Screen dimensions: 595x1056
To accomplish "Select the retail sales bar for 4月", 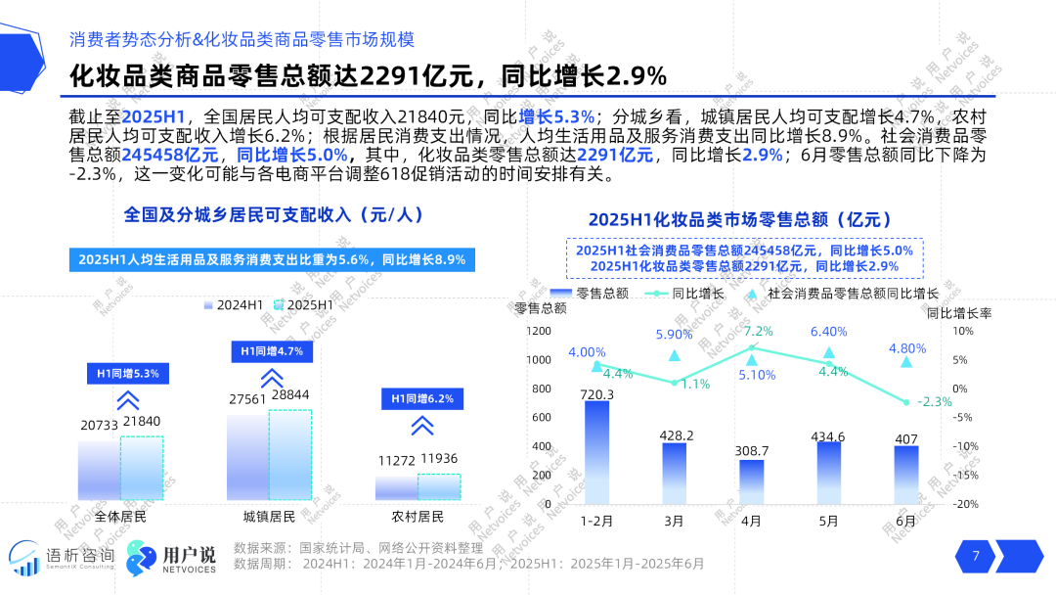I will pyautogui.click(x=751, y=481).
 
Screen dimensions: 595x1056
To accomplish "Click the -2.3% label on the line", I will pyautogui.click(x=937, y=401).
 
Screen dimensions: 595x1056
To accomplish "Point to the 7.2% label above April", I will pyautogui.click(x=758, y=331).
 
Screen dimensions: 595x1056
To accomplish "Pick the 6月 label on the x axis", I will pyautogui.click(x=906, y=521).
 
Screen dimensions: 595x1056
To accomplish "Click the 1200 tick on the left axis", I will pyautogui.click(x=539, y=332).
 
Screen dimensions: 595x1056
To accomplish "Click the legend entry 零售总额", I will pyautogui.click(x=589, y=293).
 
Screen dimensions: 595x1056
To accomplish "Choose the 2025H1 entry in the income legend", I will pyautogui.click(x=303, y=305).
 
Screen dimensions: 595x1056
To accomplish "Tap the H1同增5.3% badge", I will pyautogui.click(x=127, y=373).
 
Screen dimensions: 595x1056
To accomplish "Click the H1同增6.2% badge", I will pyautogui.click(x=421, y=398).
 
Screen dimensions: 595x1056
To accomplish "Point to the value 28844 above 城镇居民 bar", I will pyautogui.click(x=290, y=394).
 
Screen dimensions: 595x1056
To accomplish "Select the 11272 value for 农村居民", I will pyautogui.click(x=395, y=459).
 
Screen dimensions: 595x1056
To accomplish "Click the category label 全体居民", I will pyautogui.click(x=120, y=516).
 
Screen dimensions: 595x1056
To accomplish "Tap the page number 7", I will pyautogui.click(x=975, y=556).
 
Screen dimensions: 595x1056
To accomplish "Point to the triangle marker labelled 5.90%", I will pyautogui.click(x=674, y=354).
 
